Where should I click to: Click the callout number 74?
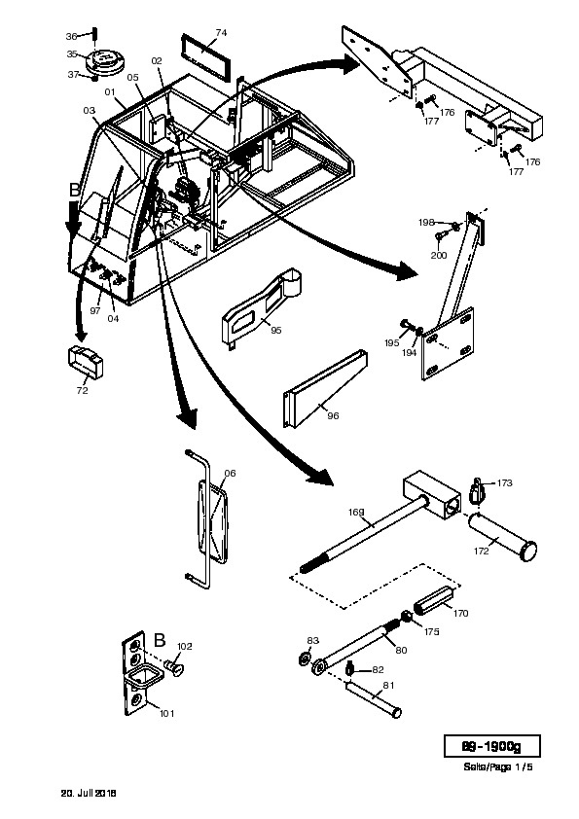(221, 33)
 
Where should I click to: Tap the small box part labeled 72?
(86, 362)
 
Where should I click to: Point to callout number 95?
(276, 330)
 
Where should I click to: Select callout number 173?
(505, 483)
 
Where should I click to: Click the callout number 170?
(460, 613)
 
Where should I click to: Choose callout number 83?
(312, 641)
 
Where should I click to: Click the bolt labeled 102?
(175, 667)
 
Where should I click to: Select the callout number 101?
(166, 714)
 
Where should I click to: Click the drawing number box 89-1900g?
(491, 746)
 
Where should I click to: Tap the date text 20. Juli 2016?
(89, 793)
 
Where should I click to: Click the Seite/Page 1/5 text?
(498, 767)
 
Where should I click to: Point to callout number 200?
(439, 256)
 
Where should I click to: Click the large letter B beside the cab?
(75, 190)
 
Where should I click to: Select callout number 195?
(392, 343)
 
